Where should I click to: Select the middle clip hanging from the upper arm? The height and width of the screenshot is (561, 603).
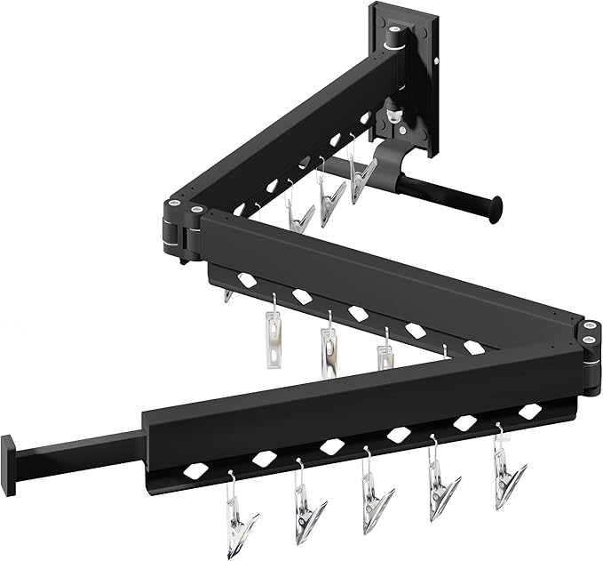click(330, 191)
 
